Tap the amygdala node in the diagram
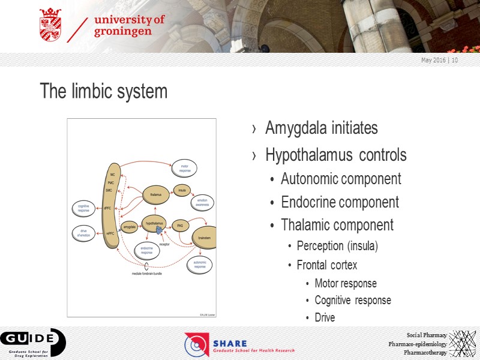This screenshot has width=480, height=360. click(129, 227)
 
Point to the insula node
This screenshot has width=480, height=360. click(181, 190)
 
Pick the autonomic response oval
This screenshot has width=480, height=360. click(199, 264)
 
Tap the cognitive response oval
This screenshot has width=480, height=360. click(83, 209)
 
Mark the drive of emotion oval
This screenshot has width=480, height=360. click(83, 233)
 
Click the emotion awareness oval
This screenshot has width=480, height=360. click(202, 202)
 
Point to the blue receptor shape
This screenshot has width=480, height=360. click(160, 230)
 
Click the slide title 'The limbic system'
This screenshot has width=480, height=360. click(103, 92)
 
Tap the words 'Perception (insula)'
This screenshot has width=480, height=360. click(337, 246)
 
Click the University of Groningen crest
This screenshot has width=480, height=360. click(50, 26)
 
